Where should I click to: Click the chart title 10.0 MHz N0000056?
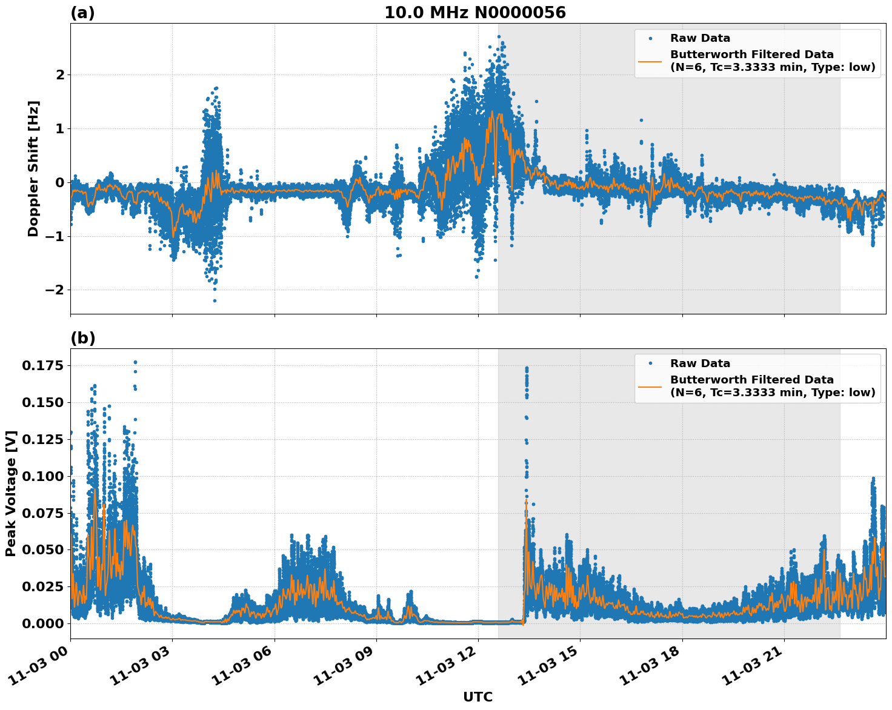tap(474, 13)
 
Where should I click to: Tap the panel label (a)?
tap(82, 13)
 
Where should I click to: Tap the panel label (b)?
tap(82, 338)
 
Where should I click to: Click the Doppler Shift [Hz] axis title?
tap(33, 168)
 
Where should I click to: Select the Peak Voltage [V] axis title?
tap(11, 493)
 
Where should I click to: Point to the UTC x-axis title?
tap(478, 697)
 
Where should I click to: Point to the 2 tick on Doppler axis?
tap(59, 75)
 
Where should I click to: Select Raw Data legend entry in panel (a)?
tap(700, 38)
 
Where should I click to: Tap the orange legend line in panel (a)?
tap(650, 61)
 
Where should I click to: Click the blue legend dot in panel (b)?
tap(650, 363)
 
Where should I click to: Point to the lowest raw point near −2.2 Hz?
tap(215, 300)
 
